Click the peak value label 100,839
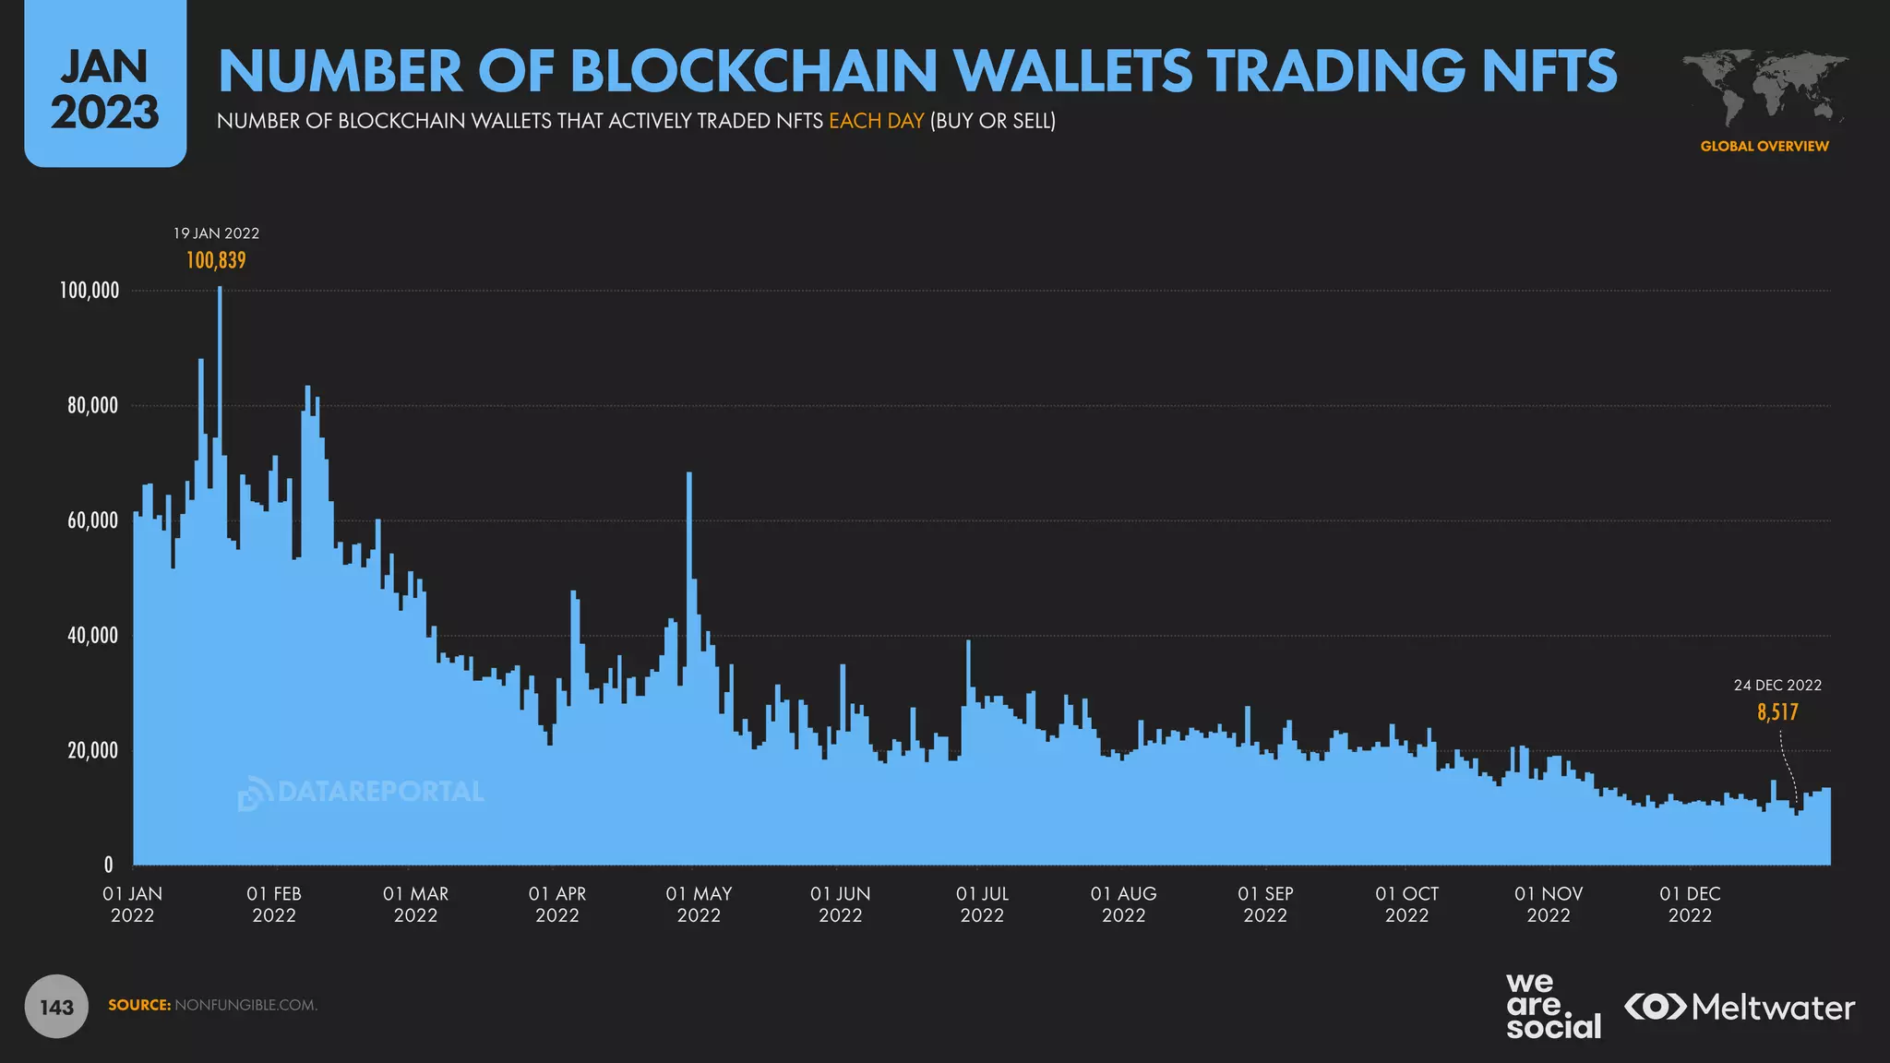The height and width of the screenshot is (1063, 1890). pyautogui.click(x=216, y=260)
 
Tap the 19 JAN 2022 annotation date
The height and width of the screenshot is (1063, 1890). pyautogui.click(x=216, y=233)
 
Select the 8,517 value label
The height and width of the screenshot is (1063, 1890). pyautogui.click(x=1777, y=712)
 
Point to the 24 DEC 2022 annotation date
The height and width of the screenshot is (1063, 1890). pyautogui.click(x=1777, y=686)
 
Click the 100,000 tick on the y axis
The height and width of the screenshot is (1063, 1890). pyautogui.click(x=90, y=291)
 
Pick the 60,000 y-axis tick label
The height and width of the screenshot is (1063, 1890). pyautogui.click(x=92, y=520)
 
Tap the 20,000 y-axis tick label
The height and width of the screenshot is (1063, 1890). pyautogui.click(x=92, y=750)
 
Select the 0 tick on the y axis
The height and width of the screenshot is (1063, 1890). pyautogui.click(x=109, y=866)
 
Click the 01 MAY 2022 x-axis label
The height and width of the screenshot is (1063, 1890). pyautogui.click(x=699, y=904)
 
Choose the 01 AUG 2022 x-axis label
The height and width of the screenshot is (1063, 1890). pyautogui.click(x=1123, y=904)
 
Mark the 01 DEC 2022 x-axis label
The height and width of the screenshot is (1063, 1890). pyautogui.click(x=1690, y=904)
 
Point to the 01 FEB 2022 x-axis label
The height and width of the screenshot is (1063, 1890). pyautogui.click(x=274, y=904)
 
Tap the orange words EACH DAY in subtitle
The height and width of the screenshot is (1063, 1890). pyautogui.click(x=876, y=121)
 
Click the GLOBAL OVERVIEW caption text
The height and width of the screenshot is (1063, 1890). pyautogui.click(x=1764, y=146)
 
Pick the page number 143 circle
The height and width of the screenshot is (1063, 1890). pyautogui.click(x=56, y=1006)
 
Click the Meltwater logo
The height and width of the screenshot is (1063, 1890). pyautogui.click(x=1740, y=1007)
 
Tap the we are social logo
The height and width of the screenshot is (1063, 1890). pyautogui.click(x=1552, y=1006)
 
